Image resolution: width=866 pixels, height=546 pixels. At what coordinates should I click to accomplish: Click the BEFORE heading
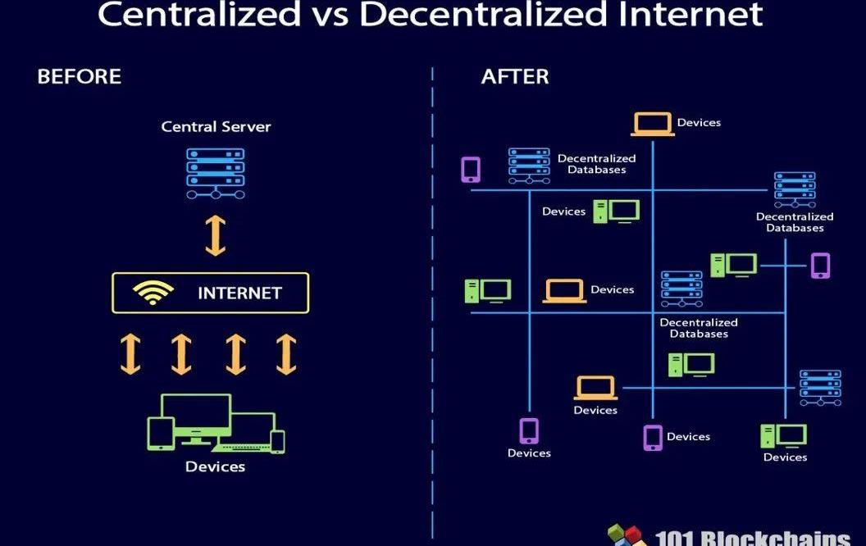pos(79,76)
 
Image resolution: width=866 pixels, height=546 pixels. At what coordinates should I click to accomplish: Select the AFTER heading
pos(515,76)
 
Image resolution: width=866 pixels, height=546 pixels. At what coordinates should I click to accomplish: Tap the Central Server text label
pos(216,126)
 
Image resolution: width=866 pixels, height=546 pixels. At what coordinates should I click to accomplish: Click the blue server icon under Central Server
pos(216,173)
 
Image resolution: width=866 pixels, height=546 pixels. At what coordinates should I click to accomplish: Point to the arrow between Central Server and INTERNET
pos(216,235)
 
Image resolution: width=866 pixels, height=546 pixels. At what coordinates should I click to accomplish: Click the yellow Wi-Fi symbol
pos(153,293)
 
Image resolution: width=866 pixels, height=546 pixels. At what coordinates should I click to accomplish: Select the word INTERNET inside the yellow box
pos(239,293)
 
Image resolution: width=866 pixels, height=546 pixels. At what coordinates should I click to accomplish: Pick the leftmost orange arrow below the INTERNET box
pos(130,354)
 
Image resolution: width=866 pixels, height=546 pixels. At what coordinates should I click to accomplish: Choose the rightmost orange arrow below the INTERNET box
pos(286,354)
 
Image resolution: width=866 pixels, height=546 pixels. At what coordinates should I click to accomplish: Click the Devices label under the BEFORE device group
pos(216,466)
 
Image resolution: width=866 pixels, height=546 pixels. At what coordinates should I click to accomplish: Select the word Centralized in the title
pos(198,15)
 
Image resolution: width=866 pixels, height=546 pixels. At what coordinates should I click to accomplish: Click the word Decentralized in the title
pos(483,15)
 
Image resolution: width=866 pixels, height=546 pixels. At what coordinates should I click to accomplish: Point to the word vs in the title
pos(330,16)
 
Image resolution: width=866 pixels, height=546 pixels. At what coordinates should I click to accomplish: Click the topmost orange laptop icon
pos(652,124)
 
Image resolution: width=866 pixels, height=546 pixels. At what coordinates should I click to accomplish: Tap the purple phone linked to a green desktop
pos(820,266)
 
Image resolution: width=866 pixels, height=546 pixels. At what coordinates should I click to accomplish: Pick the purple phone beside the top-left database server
pos(471,170)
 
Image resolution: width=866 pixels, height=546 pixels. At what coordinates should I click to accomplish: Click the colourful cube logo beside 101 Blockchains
pos(627,535)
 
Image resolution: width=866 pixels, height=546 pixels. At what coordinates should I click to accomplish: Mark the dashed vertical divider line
pos(432,303)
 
